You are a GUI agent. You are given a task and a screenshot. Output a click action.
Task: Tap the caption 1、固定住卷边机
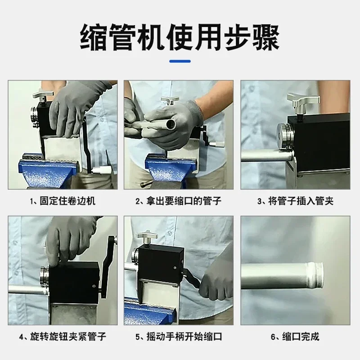[63, 201]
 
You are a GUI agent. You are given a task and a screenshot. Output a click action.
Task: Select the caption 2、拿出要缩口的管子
[179, 201]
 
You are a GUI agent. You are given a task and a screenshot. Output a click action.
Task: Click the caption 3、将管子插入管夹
[295, 201]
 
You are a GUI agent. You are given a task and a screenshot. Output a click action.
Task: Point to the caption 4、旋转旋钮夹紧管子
[63, 337]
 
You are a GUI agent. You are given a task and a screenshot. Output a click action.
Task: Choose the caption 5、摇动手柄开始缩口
[179, 337]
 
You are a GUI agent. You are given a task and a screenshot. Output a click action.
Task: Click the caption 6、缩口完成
[295, 337]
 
